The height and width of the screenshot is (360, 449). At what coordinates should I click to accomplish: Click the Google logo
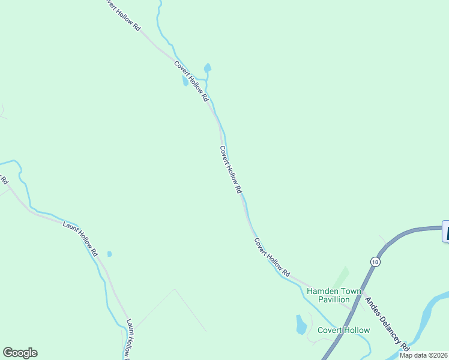click(20, 353)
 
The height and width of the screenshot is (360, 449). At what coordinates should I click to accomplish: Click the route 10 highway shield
click(375, 262)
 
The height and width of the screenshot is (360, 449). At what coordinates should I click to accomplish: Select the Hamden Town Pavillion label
click(334, 295)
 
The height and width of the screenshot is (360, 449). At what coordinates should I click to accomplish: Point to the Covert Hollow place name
click(343, 330)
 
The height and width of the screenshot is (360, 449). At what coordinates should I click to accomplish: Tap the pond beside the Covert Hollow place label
click(301, 325)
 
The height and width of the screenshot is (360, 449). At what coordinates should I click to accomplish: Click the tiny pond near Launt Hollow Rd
click(109, 254)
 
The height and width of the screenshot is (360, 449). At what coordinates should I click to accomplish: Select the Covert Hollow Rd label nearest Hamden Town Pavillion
click(272, 257)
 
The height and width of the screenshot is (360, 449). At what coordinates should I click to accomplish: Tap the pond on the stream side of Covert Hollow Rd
click(208, 68)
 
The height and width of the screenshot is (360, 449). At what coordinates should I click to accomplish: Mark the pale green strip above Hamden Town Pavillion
click(340, 277)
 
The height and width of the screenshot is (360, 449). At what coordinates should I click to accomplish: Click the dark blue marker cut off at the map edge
click(445, 232)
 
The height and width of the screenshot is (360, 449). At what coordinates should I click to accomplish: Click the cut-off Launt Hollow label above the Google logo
click(127, 340)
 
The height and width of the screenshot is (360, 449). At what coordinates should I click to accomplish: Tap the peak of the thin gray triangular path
click(175, 289)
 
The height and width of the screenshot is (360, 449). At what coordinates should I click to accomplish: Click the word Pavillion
click(334, 299)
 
